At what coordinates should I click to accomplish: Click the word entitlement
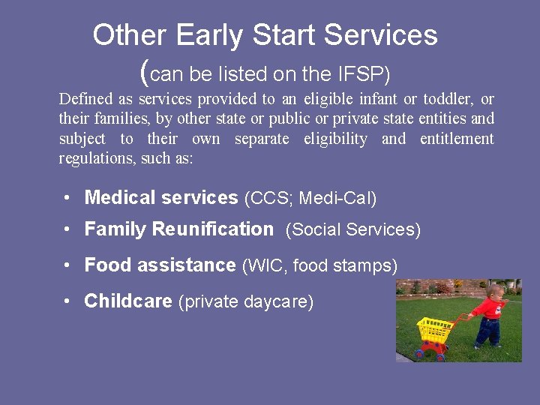point(457,139)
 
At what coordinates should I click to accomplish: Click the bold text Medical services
point(161,198)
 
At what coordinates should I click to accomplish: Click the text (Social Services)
point(353,230)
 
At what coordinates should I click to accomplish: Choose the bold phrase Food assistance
point(160,265)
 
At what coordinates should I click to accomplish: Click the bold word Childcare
point(128,301)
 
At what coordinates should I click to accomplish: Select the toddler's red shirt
point(490,308)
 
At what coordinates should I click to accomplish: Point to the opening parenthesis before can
point(145,73)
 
